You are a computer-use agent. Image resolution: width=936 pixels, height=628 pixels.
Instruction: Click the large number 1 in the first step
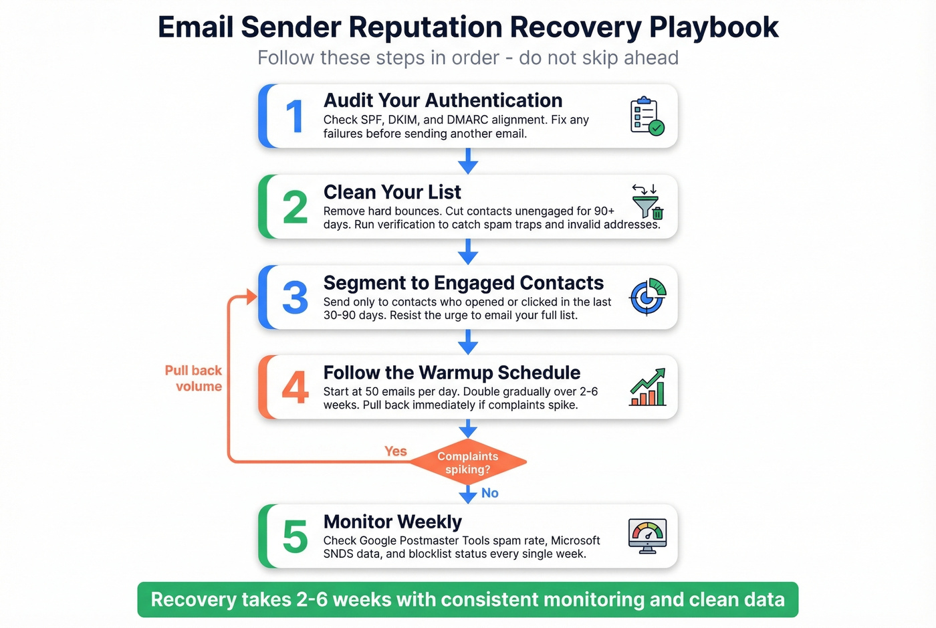pyautogui.click(x=295, y=116)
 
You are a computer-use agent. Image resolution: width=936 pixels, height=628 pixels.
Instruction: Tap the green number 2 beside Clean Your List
pyautogui.click(x=295, y=207)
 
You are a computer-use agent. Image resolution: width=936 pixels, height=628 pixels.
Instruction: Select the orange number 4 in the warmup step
pyautogui.click(x=295, y=388)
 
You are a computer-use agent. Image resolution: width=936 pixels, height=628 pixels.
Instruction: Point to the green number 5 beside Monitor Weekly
pyautogui.click(x=295, y=537)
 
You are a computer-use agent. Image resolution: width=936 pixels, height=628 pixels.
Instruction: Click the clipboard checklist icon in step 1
pyautogui.click(x=647, y=116)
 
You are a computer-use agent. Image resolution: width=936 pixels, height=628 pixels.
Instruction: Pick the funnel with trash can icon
pyautogui.click(x=647, y=203)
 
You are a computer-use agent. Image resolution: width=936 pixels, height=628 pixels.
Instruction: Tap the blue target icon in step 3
pyautogui.click(x=648, y=297)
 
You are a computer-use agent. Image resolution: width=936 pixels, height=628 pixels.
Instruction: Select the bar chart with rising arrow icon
pyautogui.click(x=647, y=388)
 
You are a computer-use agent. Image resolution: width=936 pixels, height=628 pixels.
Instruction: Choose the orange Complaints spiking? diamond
pyautogui.click(x=468, y=462)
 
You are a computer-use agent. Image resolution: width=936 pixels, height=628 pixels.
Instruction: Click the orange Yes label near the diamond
pyautogui.click(x=395, y=451)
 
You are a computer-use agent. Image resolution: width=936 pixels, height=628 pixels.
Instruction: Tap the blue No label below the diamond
pyautogui.click(x=490, y=493)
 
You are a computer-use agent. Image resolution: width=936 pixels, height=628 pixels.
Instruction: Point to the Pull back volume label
pyautogui.click(x=194, y=379)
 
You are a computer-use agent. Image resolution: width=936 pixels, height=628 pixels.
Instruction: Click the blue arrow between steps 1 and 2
pyautogui.click(x=468, y=161)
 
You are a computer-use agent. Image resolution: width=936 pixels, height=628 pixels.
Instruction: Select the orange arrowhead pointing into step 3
pyautogui.click(x=251, y=297)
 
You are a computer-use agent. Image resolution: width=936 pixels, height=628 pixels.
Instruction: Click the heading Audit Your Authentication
pyautogui.click(x=443, y=100)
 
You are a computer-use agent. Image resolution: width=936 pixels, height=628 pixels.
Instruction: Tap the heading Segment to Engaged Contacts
pyautogui.click(x=463, y=283)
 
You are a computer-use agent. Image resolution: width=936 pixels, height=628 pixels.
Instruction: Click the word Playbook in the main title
pyautogui.click(x=714, y=27)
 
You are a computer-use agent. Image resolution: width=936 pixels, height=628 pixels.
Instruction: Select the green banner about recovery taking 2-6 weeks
pyautogui.click(x=468, y=599)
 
